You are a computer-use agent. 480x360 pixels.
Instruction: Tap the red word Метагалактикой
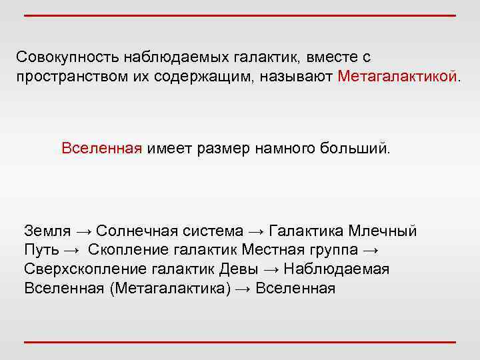397,75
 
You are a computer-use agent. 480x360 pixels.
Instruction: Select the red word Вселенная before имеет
102,147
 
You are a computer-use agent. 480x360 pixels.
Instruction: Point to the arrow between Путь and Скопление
73,250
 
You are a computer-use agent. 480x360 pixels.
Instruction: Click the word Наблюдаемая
337,269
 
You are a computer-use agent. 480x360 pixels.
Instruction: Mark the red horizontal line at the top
240,15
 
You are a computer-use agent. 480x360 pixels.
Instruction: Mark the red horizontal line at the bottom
240,342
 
